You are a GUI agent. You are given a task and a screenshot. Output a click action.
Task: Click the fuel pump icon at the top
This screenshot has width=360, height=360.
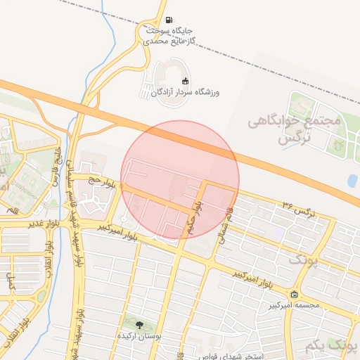point(169,20)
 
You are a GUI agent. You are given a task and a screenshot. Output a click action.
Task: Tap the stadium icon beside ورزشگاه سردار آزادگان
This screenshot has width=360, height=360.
point(186,82)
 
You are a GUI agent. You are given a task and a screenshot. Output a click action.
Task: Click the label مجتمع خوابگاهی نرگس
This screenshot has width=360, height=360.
point(294,130)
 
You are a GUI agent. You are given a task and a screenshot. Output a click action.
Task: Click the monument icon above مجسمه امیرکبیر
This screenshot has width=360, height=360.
point(294,294)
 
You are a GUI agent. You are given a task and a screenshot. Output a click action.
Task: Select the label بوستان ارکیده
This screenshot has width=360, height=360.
point(139,337)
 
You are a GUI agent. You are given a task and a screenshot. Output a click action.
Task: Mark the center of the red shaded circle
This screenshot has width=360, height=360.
point(180,179)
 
